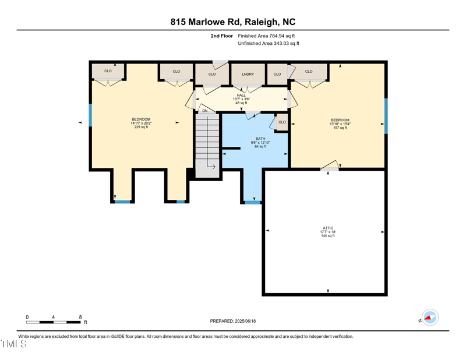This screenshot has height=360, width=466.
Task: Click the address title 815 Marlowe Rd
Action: click(x=232, y=22)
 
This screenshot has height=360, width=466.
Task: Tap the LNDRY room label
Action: click(x=248, y=74)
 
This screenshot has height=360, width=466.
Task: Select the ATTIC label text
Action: click(x=328, y=228)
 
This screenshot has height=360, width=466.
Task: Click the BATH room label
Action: click(x=260, y=139)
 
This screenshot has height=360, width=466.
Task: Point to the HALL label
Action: click(x=241, y=95)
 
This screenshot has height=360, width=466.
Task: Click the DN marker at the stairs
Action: click(x=204, y=111)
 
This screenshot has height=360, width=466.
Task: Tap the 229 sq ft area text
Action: click(x=141, y=127)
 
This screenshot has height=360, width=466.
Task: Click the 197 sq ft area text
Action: click(x=340, y=128)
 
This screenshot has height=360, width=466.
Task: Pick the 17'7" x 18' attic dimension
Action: click(x=328, y=232)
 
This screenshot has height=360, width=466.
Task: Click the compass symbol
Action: click(x=430, y=317)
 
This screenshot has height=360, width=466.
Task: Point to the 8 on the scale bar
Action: click(x=80, y=317)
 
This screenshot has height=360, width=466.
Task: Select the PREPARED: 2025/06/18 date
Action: click(x=233, y=321)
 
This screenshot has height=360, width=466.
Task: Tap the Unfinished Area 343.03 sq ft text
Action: click(x=269, y=44)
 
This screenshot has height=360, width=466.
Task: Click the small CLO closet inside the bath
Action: click(x=282, y=122)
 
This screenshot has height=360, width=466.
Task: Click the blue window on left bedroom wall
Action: click(x=90, y=115)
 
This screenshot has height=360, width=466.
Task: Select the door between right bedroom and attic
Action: click(x=330, y=166)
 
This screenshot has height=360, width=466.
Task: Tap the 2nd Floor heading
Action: click(x=222, y=36)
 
